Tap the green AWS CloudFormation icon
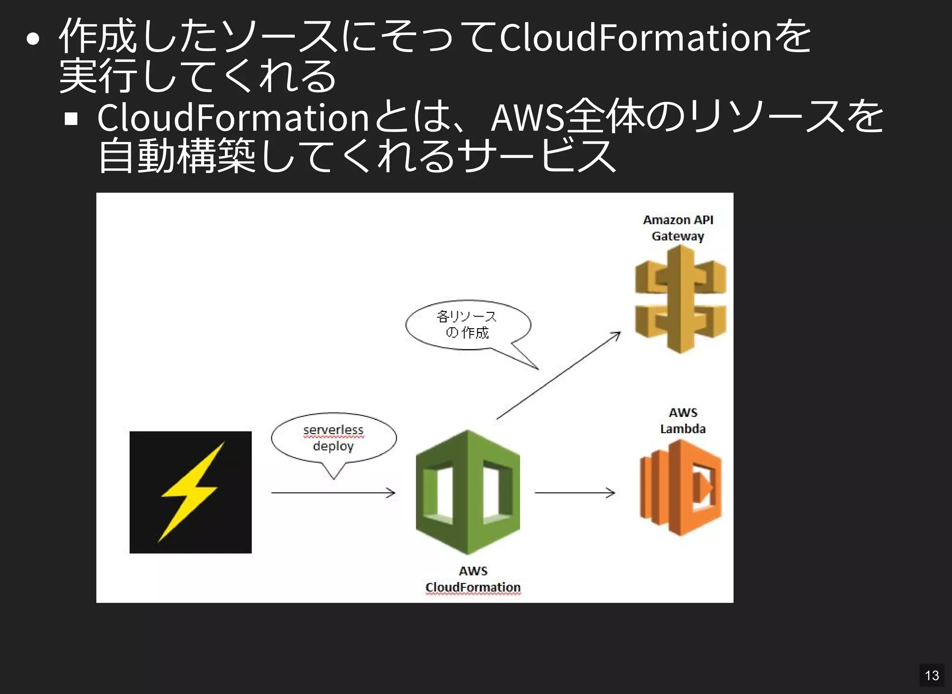(468, 492)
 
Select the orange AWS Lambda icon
(681, 488)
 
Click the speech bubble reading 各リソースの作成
(467, 325)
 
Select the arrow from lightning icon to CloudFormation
(333, 493)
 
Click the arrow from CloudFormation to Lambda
(575, 493)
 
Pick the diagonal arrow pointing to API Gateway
(558, 376)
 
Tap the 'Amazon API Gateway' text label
(678, 228)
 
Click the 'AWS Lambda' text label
(683, 421)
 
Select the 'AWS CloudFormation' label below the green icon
(473, 579)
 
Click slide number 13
(932, 675)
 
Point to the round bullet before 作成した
(33, 39)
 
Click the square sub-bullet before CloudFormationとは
(71, 119)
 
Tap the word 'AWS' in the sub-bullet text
(528, 118)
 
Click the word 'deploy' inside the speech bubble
(333, 446)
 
